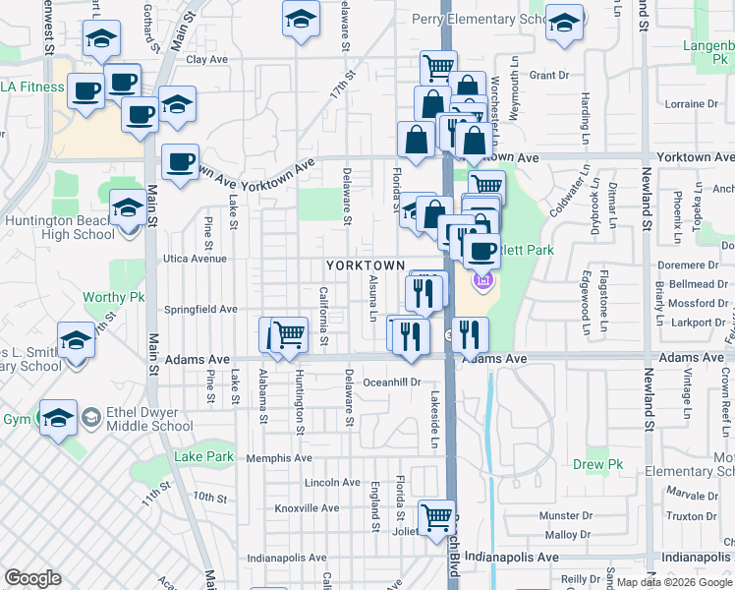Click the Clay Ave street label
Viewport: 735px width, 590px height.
[206, 59]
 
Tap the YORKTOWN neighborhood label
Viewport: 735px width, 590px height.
[366, 266]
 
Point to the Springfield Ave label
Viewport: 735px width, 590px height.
[201, 309]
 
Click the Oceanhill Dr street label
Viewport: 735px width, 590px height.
[392, 382]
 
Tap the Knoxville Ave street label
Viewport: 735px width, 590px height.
[307, 508]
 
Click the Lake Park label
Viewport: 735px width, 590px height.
[204, 456]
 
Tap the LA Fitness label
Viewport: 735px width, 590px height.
[31, 87]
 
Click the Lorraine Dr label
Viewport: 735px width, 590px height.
[685, 103]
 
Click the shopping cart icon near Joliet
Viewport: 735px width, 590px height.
[437, 517]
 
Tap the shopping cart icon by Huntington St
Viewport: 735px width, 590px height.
[288, 335]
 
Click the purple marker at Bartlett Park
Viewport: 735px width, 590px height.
[481, 283]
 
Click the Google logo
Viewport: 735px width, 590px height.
[32, 578]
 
